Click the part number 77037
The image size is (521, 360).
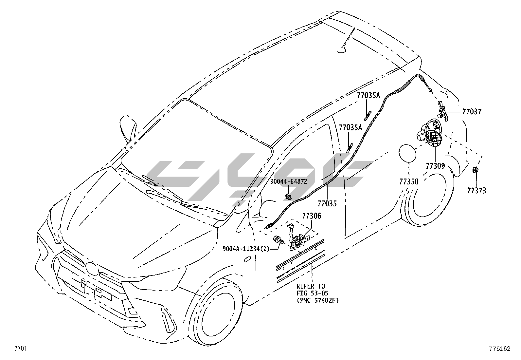click(x=472, y=112)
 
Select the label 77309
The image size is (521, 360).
click(x=435, y=166)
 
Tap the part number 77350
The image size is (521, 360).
click(x=409, y=181)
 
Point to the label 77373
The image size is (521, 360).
click(x=476, y=191)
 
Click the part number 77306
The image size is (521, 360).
click(x=311, y=216)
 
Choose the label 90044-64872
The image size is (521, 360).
click(x=289, y=181)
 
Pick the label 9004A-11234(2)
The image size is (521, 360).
click(x=246, y=249)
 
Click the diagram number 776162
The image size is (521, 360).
click(x=500, y=349)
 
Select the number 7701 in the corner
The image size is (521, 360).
click(x=20, y=348)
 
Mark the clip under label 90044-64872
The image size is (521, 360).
click(x=288, y=197)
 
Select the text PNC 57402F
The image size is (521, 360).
click(x=317, y=300)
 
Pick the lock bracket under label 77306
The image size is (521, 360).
click(x=299, y=241)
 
